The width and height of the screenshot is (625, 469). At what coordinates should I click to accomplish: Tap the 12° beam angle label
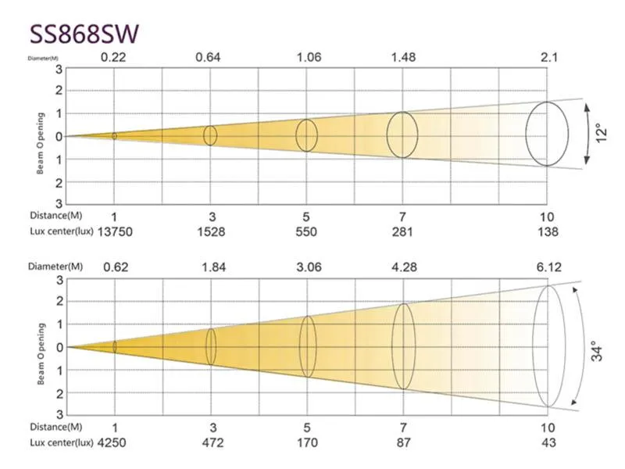(x=601, y=132)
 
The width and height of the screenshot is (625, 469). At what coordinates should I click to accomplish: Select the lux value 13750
(x=113, y=232)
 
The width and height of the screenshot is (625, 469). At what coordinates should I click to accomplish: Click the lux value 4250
(x=113, y=444)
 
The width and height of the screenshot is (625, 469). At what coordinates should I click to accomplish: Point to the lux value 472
(x=212, y=444)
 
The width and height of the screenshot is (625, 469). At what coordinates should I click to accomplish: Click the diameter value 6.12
(x=549, y=267)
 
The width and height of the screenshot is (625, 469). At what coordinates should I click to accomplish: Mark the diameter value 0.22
(x=114, y=56)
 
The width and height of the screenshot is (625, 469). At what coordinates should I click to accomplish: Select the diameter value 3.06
(x=307, y=267)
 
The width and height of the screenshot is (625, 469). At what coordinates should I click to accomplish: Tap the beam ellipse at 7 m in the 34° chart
(x=403, y=346)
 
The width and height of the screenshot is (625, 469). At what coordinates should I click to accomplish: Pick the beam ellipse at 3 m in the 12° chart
(x=210, y=135)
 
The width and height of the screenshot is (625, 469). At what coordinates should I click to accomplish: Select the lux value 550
(x=306, y=232)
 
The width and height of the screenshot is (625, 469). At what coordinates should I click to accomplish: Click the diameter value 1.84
(x=211, y=267)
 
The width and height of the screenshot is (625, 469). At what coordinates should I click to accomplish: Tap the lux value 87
(x=403, y=444)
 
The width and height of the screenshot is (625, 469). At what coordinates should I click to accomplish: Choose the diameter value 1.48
(x=403, y=56)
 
